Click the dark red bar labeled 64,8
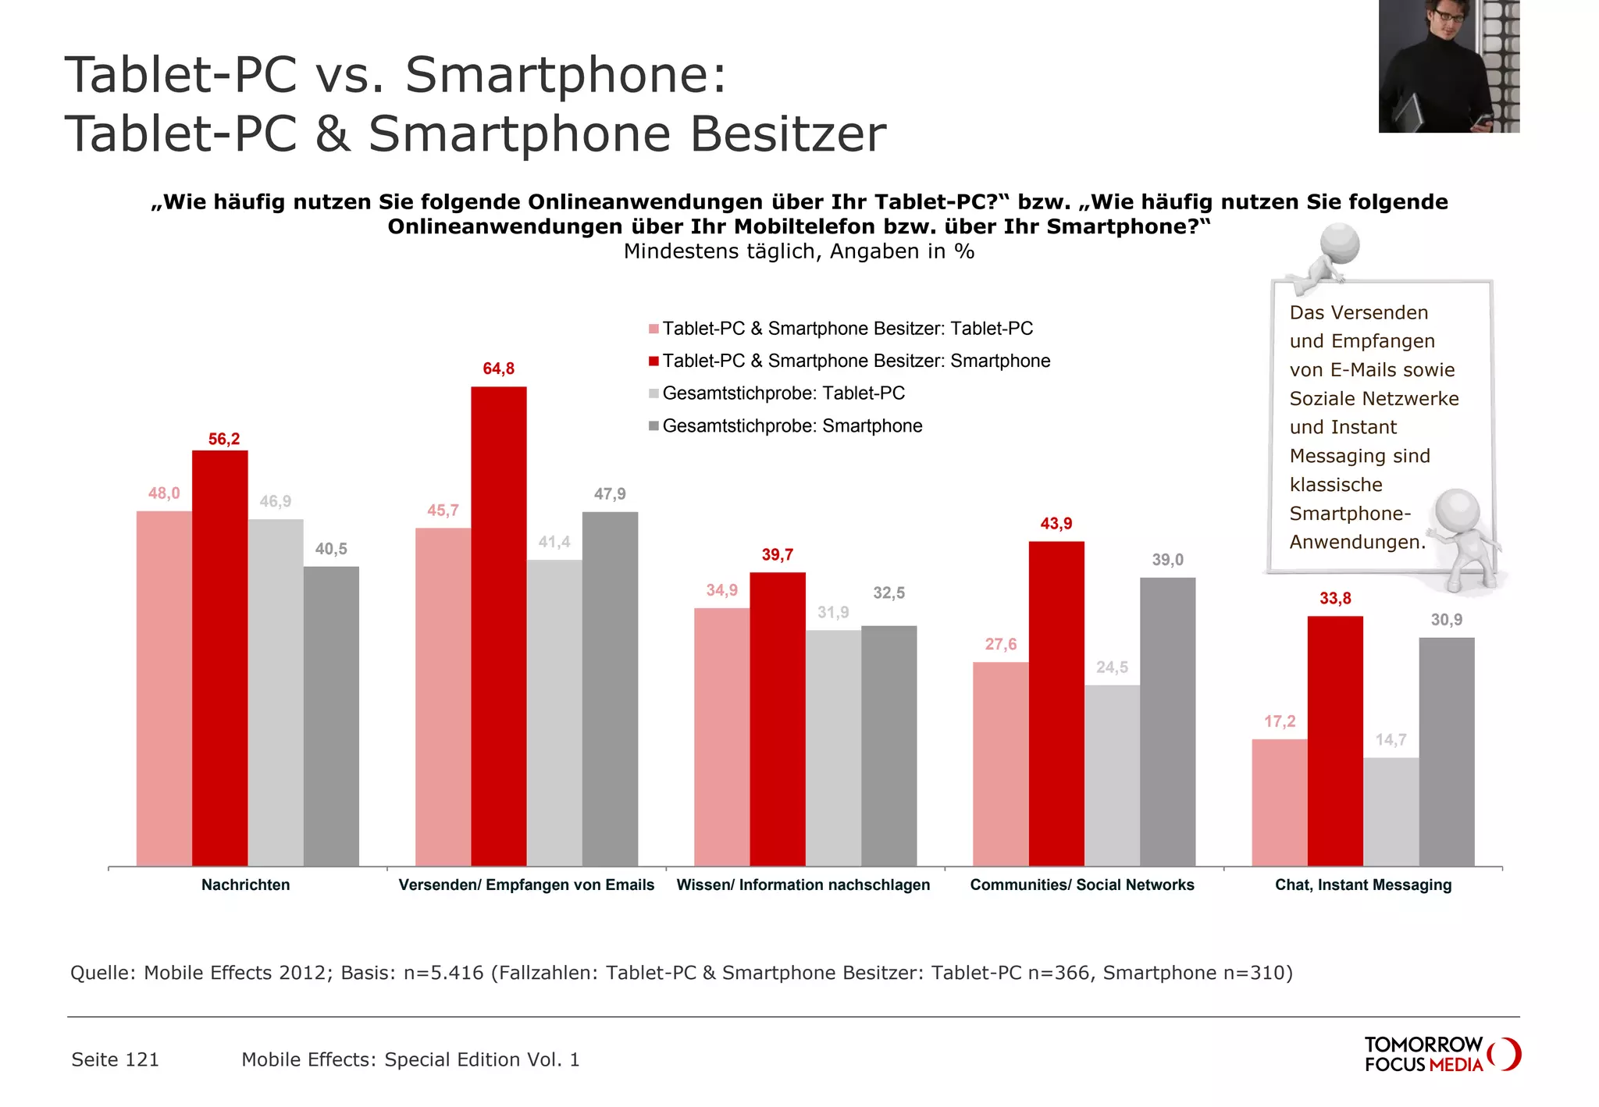tap(498, 625)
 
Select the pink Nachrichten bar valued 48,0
tap(164, 687)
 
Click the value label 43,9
tap(1056, 524)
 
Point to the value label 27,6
tap(1000, 644)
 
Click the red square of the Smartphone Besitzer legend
tap(653, 361)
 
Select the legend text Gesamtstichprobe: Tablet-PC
tap(783, 393)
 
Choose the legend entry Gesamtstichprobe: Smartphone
tap(792, 426)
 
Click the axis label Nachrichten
tap(245, 885)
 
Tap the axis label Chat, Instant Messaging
tap(1362, 885)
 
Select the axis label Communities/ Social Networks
tap(1081, 885)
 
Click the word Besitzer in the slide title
tap(787, 133)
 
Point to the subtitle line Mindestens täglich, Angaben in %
tap(799, 251)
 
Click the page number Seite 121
tap(115, 1059)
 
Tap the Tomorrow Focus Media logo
tap(1441, 1054)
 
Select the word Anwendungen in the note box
tap(1356, 542)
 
